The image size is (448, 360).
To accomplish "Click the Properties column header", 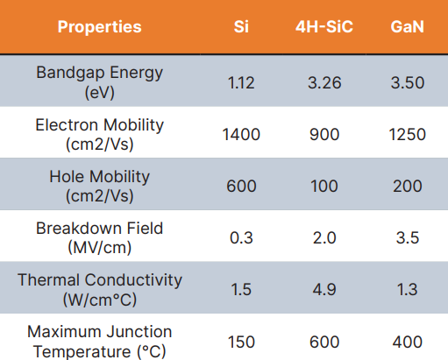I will [99, 26].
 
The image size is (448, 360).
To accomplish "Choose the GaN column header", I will [408, 26].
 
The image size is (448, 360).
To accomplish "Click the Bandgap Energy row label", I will [99, 81].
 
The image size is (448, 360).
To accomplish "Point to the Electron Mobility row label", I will [99, 133].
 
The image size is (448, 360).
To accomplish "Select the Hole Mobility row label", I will [99, 185].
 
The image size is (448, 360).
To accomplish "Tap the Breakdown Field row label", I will [99, 236].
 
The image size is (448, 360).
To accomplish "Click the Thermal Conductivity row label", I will [99, 288].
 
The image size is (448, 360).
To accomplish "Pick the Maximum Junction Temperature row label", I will [99, 340].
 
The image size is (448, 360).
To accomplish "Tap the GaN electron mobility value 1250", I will [408, 135].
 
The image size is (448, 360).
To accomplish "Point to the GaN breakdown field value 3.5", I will [408, 238].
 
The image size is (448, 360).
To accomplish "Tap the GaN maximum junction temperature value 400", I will [408, 342].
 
